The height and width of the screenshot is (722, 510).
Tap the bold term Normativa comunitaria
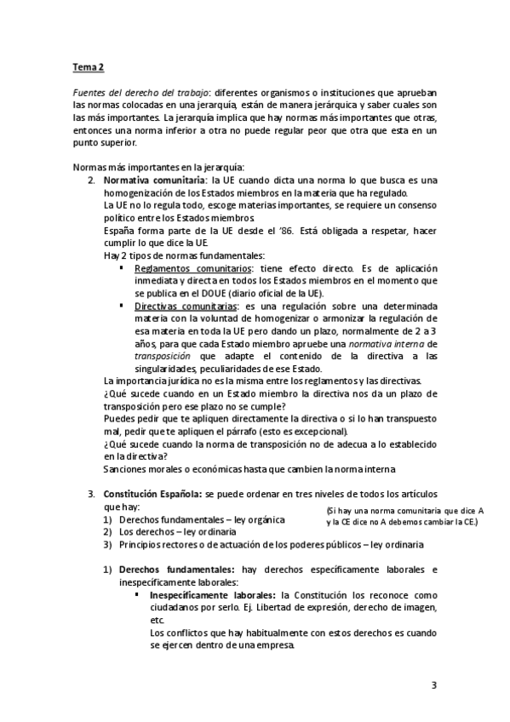[153, 180]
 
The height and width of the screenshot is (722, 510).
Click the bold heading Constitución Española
[152, 494]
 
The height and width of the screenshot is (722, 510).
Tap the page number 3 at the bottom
[433, 685]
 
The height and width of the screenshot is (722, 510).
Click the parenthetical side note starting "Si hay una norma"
[404, 516]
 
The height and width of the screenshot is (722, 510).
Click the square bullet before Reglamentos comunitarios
[123, 268]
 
